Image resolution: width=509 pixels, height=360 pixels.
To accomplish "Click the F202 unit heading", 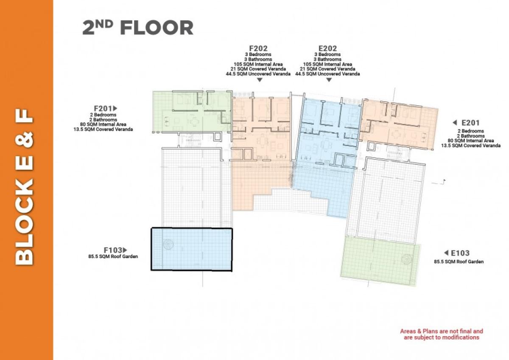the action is pos(258,48).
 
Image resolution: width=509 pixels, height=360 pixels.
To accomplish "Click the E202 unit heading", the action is pos(327,48).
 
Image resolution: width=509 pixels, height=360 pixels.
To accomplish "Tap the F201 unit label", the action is pos(103,108).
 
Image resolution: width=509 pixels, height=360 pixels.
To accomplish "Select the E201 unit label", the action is pos(470,123).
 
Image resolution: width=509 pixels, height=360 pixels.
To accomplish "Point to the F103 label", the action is pos(113,250).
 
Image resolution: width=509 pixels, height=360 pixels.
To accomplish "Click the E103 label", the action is pos(460,253).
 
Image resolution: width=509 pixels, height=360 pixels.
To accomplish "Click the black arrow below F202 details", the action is pos(260,80).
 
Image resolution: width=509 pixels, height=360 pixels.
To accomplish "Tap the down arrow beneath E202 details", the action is pos(329,80).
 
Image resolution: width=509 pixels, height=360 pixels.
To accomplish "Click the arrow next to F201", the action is pos(115,108).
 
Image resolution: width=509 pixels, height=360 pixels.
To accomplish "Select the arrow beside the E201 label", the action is pos(455,123).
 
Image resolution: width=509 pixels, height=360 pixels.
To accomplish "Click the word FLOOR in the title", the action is pos(157,28).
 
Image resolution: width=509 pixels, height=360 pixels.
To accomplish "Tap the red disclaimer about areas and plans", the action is pos(442,334).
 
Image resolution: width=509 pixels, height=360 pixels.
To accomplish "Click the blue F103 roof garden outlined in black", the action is pos(192,250).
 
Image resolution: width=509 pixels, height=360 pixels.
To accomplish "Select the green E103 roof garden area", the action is pos(380,261).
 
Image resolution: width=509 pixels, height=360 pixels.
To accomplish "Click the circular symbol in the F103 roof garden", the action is pos(168,244).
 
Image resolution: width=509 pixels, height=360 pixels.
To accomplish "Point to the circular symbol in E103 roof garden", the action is pos(407,259).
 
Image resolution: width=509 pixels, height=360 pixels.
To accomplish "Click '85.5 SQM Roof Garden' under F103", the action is pos(113,256).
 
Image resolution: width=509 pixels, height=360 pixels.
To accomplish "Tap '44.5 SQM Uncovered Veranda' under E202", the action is pos(327,74).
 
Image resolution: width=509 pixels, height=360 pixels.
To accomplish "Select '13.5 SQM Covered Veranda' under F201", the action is pos(103,129).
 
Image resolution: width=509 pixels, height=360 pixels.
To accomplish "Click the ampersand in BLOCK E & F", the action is pos(24,140).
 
